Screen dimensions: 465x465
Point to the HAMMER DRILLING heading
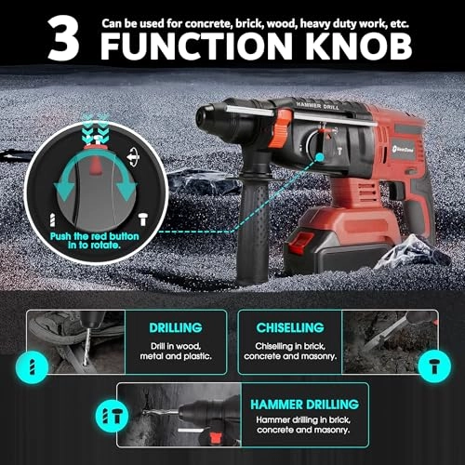[304, 405]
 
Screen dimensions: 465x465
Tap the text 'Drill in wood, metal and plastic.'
[178, 352]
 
